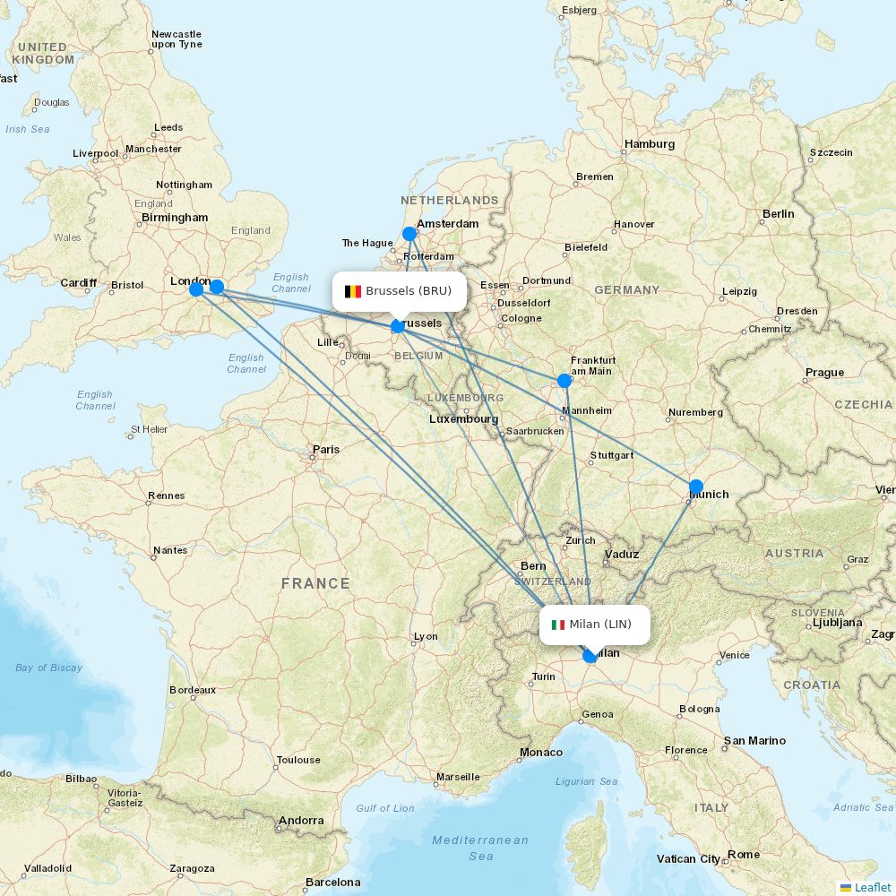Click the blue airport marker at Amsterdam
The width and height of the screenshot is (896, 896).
[409, 234]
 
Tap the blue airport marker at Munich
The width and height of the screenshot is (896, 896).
[696, 487]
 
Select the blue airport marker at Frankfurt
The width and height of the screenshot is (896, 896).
[564, 381]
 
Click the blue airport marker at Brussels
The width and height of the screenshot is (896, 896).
[398, 326]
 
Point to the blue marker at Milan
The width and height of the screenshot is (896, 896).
[590, 656]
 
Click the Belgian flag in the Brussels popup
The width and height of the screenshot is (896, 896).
[353, 291]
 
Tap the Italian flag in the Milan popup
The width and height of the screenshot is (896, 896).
[558, 625]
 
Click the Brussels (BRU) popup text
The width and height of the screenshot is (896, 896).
[409, 291]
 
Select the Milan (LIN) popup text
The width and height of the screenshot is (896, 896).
[600, 625]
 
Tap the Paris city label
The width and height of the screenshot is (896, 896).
[326, 450]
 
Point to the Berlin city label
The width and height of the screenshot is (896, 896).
[778, 214]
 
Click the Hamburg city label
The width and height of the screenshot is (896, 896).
[650, 144]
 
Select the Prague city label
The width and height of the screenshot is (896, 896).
[824, 373]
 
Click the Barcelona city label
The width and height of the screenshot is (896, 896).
[332, 883]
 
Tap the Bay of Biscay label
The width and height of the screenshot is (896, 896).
[48, 668]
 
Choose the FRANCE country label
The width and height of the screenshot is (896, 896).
[315, 583]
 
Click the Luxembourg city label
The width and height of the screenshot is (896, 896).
[463, 419]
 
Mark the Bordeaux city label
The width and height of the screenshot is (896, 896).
[193, 690]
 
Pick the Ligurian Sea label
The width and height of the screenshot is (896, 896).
[587, 781]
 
